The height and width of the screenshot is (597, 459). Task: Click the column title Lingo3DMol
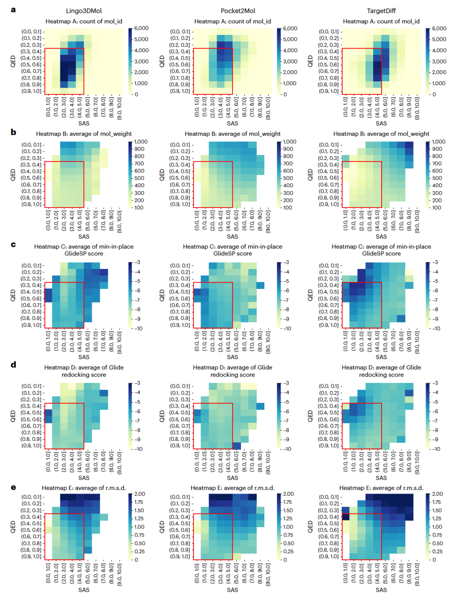(84, 11)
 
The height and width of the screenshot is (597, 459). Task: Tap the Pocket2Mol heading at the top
(232, 11)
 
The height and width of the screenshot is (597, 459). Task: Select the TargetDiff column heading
(381, 11)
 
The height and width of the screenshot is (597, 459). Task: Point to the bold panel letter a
(13, 10)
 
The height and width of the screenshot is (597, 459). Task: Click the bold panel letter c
(13, 244)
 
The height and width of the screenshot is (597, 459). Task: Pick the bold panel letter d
(13, 365)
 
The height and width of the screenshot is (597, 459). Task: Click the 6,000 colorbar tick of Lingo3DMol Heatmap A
(142, 28)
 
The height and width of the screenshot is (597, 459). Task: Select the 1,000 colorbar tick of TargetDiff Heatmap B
(439, 142)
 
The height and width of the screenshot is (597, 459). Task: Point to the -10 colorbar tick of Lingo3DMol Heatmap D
(139, 449)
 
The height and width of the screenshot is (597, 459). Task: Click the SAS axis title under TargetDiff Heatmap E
(381, 590)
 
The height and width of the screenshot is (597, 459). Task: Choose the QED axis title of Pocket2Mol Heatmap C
(162, 295)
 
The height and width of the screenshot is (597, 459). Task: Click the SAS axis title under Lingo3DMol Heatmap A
(84, 123)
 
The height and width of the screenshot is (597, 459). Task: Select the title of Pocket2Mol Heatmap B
(232, 134)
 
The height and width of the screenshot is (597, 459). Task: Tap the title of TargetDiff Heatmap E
(381, 488)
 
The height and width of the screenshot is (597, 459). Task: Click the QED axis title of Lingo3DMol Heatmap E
(13, 527)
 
